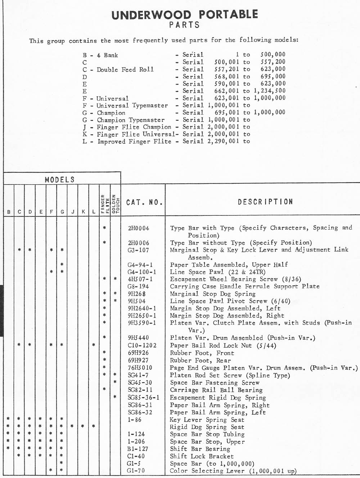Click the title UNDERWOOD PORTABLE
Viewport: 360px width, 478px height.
[185, 15]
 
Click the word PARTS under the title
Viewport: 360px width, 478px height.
[184, 25]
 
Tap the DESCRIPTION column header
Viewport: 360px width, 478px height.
[265, 202]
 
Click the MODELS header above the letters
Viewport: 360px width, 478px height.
[60, 179]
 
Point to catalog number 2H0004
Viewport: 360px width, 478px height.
[138, 228]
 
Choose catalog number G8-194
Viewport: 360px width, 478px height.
[138, 287]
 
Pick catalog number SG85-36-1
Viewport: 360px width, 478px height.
[143, 398]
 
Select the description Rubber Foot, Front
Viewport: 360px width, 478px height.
[202, 353]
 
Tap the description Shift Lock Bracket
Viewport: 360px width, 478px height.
[202, 456]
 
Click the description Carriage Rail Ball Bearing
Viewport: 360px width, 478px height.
[216, 390]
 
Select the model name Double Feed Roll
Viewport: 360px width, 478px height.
[125, 69]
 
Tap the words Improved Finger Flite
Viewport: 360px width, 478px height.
[134, 141]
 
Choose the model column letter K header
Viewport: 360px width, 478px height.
[83, 212]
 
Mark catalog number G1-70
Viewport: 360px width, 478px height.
[137, 471]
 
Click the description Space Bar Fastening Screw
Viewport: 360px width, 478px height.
[215, 383]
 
